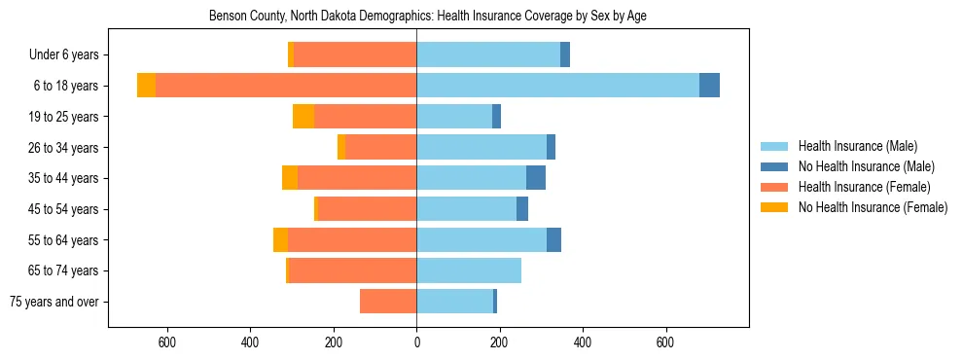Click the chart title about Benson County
click(x=428, y=16)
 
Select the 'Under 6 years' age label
click(x=70, y=54)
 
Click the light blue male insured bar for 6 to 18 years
click(x=557, y=86)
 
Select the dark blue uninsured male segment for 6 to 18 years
click(x=709, y=86)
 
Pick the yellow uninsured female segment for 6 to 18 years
click(x=146, y=86)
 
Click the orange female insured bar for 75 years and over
click(x=388, y=302)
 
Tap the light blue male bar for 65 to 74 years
click(x=469, y=270)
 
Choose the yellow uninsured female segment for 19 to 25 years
click(x=303, y=117)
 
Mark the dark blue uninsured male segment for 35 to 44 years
click(x=536, y=178)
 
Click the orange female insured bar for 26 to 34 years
click(x=380, y=147)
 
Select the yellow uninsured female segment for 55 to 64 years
click(x=280, y=239)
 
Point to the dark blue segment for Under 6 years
click(x=565, y=54)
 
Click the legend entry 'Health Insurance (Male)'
click(x=857, y=146)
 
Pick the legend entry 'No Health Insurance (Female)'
click(x=873, y=207)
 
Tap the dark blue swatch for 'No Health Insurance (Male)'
click(x=774, y=166)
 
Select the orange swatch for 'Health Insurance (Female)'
click(x=774, y=187)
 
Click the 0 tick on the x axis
click(x=416, y=342)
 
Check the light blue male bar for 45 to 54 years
click(x=466, y=209)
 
